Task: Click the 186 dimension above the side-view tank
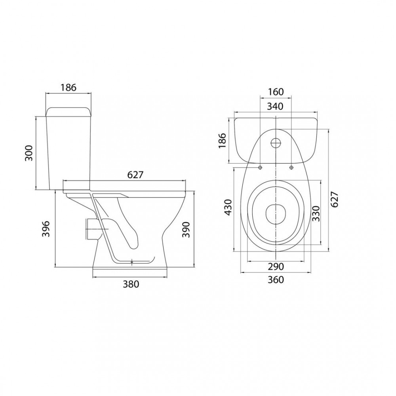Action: point(68,88)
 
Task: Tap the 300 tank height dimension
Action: point(29,153)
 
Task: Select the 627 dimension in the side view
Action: point(135,175)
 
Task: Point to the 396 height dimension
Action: point(46,229)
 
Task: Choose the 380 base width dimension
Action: point(131,284)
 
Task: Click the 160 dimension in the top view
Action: point(275,92)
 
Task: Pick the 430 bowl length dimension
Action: point(228,208)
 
